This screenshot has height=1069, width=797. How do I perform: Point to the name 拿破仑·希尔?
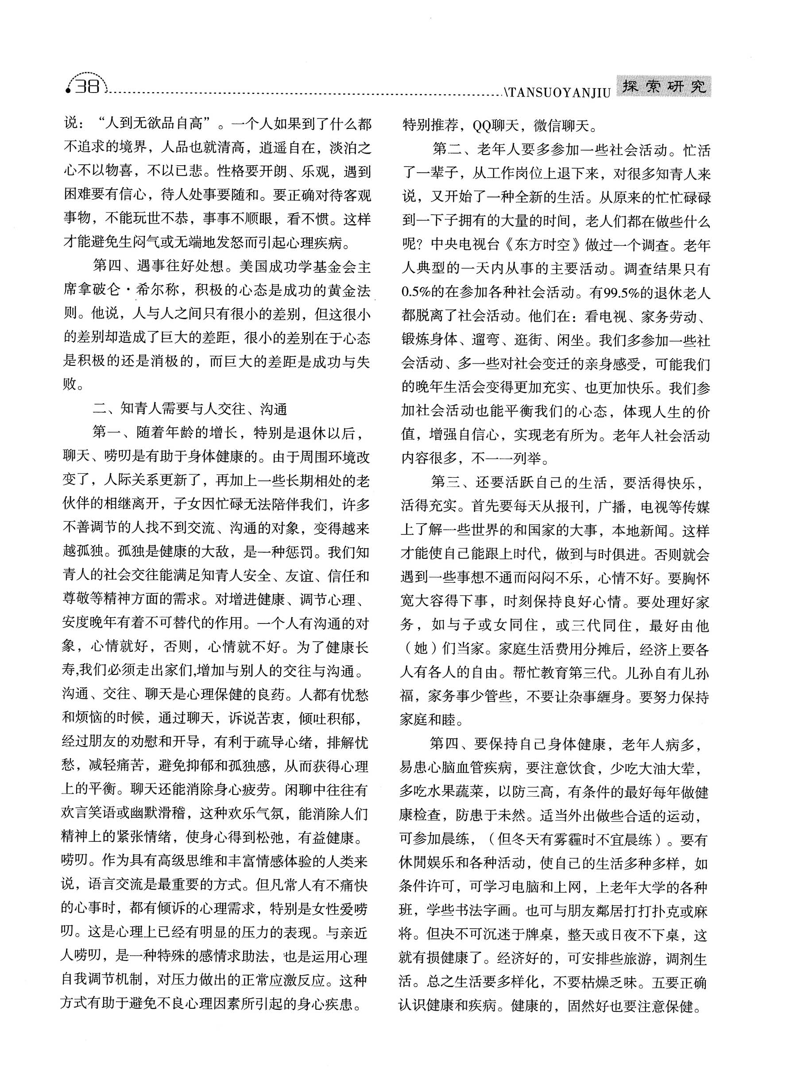(120, 291)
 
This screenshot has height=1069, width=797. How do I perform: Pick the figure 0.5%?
(415, 293)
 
